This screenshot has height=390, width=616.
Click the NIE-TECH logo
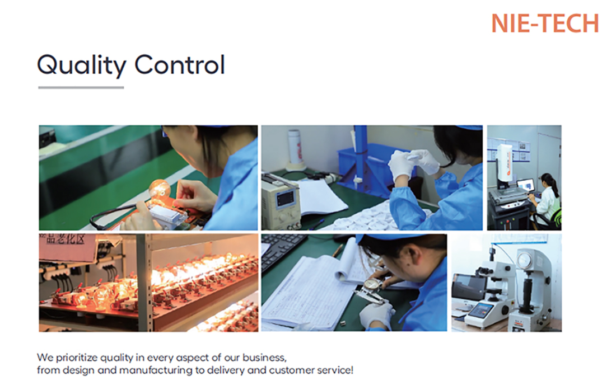click(x=545, y=23)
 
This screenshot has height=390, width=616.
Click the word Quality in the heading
click(x=82, y=65)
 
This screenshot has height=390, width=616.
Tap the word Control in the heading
click(x=180, y=65)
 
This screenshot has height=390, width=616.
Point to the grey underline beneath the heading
click(x=81, y=87)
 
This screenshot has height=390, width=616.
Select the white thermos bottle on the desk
click(x=295, y=147)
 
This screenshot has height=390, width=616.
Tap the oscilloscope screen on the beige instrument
click(x=285, y=199)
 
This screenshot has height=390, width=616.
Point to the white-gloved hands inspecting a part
click(x=413, y=163)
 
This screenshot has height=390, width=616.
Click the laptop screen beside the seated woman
click(x=526, y=185)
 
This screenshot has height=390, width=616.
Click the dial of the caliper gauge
click(x=371, y=285)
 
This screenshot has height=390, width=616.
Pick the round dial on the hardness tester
click(x=525, y=260)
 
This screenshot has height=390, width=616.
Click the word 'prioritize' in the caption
click(x=77, y=358)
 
